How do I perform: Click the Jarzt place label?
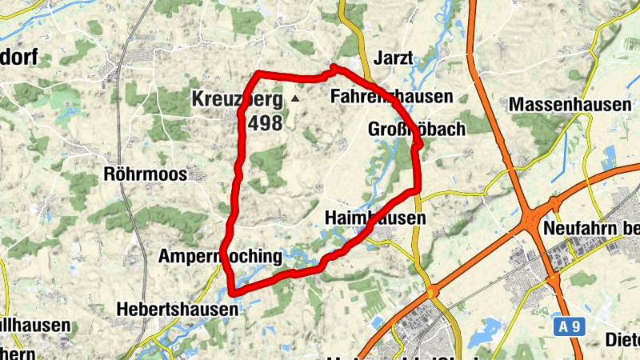(x=393, y=58)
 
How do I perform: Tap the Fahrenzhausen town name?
(x=392, y=96)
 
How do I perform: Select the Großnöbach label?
(x=416, y=129)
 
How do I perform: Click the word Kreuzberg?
(x=237, y=100)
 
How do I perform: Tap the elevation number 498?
(x=266, y=123)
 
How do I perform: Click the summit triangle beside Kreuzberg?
(x=295, y=99)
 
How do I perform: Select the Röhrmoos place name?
(x=145, y=174)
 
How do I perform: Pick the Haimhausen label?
(x=375, y=218)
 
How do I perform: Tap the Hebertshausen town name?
(x=177, y=308)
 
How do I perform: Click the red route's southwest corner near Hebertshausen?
(x=233, y=291)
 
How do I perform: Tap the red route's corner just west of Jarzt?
(x=333, y=67)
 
